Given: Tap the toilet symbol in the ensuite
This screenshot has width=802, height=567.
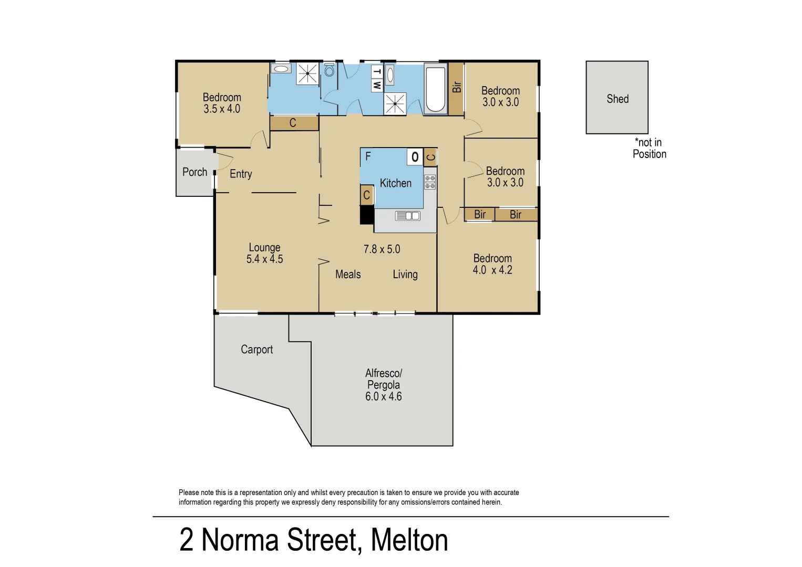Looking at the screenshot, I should (330, 70).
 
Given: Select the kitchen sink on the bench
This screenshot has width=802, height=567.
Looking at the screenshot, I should (407, 215).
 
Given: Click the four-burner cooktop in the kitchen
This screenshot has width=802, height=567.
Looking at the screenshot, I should (430, 182).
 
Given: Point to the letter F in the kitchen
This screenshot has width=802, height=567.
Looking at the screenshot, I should (368, 156).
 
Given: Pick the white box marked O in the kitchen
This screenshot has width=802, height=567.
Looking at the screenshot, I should (415, 156).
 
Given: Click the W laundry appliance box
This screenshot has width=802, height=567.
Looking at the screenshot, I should (377, 85).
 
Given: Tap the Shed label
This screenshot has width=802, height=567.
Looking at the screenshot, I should (618, 99).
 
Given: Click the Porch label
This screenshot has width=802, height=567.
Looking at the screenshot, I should (194, 172).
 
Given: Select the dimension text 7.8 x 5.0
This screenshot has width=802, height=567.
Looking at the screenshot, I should (382, 249).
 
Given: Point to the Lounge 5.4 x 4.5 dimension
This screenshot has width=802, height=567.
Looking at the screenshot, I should (264, 259).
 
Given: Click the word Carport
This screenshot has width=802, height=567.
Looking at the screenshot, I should (256, 350).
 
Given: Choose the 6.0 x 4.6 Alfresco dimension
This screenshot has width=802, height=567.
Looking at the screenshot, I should (383, 397).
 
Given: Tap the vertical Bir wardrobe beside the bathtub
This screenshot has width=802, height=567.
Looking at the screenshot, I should (456, 88).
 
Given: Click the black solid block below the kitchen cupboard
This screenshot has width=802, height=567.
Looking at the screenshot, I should (366, 215).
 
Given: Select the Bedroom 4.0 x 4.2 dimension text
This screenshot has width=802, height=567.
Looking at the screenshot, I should (492, 270).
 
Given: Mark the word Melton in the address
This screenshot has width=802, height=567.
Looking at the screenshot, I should (409, 540).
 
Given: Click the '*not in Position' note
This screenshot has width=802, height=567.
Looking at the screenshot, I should (649, 149).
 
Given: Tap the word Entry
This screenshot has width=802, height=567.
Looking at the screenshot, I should (241, 174).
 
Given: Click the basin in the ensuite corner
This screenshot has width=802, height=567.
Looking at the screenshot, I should (282, 69).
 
